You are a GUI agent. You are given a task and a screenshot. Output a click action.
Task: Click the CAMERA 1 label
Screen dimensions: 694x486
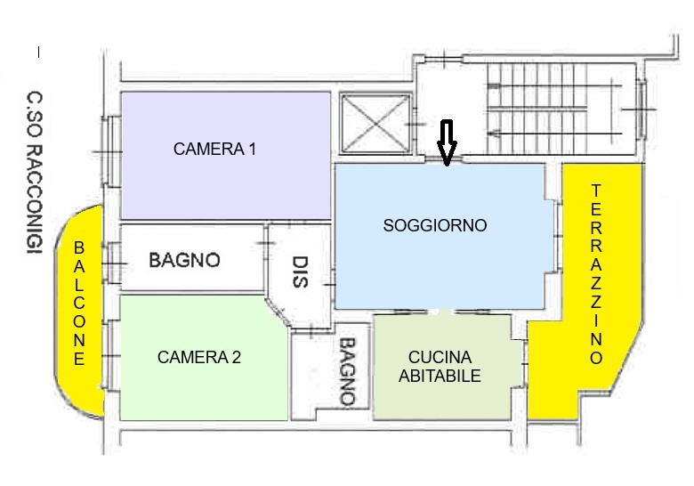[x=214, y=150]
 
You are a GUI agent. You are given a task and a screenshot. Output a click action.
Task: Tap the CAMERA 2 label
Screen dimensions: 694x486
[x=199, y=357]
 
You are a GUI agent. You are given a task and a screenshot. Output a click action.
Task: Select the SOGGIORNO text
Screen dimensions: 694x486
[x=435, y=225]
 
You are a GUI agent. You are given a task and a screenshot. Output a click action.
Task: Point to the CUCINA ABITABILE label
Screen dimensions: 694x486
[x=440, y=367]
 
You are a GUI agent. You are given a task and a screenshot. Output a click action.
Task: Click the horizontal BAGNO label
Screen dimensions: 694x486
[x=184, y=260]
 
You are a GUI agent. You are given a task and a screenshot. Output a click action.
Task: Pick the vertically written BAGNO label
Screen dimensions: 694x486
[x=348, y=372]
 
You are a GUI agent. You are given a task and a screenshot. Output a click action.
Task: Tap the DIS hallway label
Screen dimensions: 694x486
[x=301, y=272]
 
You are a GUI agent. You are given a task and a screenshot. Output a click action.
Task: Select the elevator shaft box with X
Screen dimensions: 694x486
[x=375, y=124]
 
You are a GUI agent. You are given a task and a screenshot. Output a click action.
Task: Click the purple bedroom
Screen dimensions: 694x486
[x=226, y=156]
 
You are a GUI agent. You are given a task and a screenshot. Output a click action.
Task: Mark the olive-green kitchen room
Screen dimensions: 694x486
[x=442, y=367]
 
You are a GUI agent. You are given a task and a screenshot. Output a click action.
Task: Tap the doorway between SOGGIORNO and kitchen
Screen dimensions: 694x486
[x=440, y=312]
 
